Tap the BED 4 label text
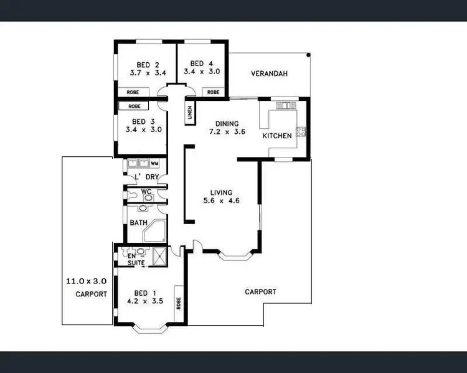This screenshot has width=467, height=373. (197, 64)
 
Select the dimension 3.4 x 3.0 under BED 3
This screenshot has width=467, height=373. (143, 130)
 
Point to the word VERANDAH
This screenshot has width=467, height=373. (269, 74)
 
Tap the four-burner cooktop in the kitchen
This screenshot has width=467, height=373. (301, 131)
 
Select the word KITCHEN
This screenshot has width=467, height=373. (276, 136)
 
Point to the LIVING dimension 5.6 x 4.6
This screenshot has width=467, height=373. (221, 201)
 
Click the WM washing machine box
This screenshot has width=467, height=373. (154, 164)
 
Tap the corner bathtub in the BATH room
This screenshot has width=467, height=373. (153, 233)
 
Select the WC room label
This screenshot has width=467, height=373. (146, 192)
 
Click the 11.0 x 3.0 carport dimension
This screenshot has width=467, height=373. (86, 281)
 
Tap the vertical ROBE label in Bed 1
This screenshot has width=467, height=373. (178, 304)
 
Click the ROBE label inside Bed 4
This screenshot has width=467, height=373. (213, 92)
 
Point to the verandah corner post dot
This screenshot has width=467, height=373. (308, 55)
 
